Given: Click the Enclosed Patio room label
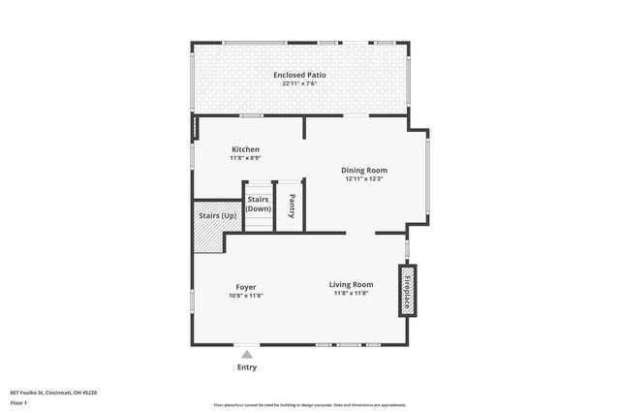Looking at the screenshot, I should point(300,75).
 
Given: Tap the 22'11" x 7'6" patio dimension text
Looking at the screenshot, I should point(300,83).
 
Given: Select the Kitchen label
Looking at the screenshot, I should point(245,149).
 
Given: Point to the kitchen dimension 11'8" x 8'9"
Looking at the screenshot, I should point(245,158).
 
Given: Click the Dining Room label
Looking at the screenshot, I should point(364,170).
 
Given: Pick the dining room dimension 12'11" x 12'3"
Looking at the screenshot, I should point(364,178).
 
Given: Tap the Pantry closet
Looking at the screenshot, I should point(292,206).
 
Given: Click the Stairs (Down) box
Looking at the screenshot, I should point(258,205).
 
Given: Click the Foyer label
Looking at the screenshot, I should point(246,286).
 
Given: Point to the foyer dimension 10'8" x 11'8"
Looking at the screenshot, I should point(246,295).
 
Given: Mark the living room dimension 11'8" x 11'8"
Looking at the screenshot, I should point(352,293).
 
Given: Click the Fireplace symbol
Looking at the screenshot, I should point(408,290).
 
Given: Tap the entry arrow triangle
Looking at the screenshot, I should point(247,355).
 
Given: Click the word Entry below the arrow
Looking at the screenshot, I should point(247,367).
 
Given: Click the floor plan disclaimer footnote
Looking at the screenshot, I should point(309,405).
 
